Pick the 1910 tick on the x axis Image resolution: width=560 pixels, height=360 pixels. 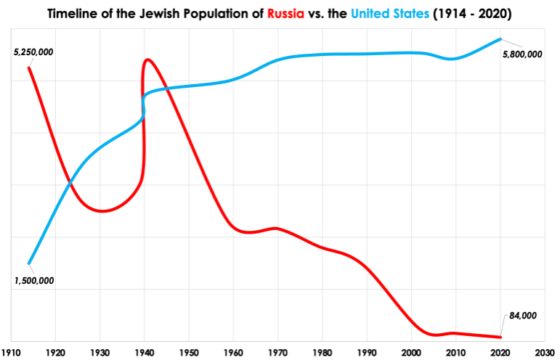pyautogui.click(x=11, y=352)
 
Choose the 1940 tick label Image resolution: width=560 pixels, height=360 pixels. pyautogui.click(x=145, y=352)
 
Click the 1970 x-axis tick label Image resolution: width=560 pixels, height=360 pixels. pyautogui.click(x=277, y=352)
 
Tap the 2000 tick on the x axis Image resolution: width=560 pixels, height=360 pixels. pyautogui.click(x=411, y=352)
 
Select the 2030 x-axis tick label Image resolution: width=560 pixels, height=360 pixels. pyautogui.click(x=544, y=352)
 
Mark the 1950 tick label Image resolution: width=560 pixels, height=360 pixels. pyautogui.click(x=189, y=352)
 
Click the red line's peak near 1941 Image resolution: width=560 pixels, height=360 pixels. pyautogui.click(x=147, y=60)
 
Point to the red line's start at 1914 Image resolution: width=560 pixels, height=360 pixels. pyautogui.click(x=29, y=67)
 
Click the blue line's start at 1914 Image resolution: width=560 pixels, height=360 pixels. pyautogui.click(x=29, y=263)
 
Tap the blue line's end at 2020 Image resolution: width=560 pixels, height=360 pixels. pyautogui.click(x=500, y=39)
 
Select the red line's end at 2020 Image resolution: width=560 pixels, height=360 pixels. pyautogui.click(x=500, y=337)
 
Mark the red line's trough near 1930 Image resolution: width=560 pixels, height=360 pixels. pyautogui.click(x=103, y=211)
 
